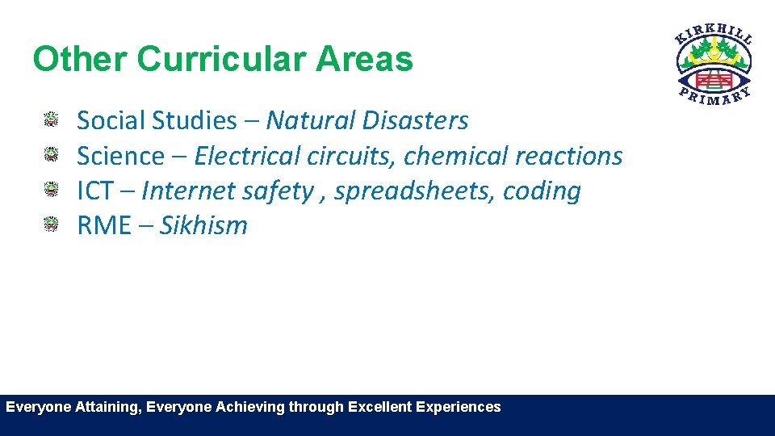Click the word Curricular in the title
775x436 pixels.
(220, 60)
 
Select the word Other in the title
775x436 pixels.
(80, 60)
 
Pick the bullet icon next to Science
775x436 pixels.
(52, 155)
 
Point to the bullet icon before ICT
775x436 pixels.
(52, 191)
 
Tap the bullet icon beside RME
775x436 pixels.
(52, 224)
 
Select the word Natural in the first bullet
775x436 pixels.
(310, 121)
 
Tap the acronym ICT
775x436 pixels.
(95, 191)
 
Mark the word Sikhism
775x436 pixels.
(203, 226)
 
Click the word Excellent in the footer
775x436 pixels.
(379, 407)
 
